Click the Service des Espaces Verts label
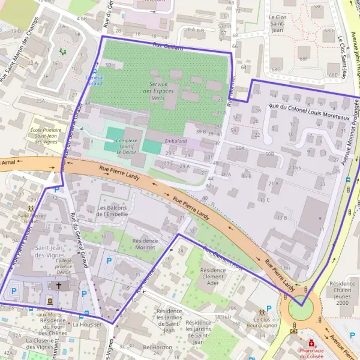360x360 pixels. click(x=159, y=91)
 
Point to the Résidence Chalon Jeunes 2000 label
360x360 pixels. click(x=342, y=293)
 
